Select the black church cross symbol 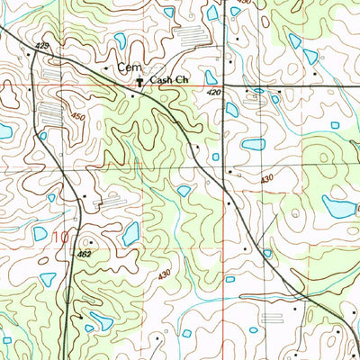(139, 81)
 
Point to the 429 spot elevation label (42, 45)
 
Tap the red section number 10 (60, 238)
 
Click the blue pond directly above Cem (120, 40)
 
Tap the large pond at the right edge (339, 208)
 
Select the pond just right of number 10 (131, 234)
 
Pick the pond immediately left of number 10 (40, 234)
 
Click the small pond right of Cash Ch (210, 77)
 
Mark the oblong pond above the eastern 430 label (253, 144)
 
